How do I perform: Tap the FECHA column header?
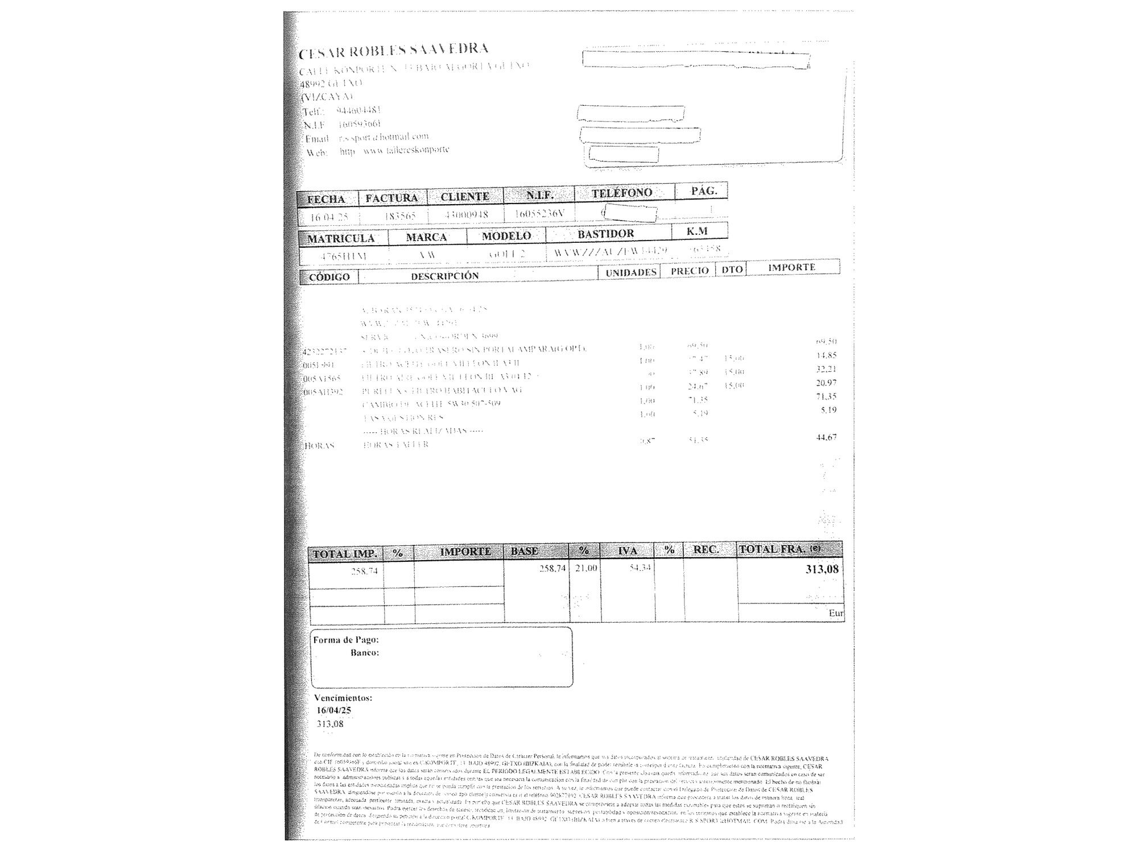[x=326, y=199]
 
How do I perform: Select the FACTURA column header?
[x=391, y=198]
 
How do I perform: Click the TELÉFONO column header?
[x=621, y=193]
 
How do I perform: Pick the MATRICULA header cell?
[x=341, y=238]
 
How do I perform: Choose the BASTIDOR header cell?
[x=605, y=234]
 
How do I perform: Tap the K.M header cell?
[x=696, y=231]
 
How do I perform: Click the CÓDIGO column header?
[x=329, y=277]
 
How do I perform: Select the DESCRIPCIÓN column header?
[x=445, y=276]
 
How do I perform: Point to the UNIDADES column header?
[x=630, y=272]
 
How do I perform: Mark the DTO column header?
[x=732, y=270]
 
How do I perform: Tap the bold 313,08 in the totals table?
[x=822, y=569]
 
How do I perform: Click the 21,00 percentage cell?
[x=586, y=568]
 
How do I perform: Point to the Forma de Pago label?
[x=345, y=640]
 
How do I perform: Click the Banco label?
[x=365, y=653]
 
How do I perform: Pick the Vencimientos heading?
[x=343, y=698]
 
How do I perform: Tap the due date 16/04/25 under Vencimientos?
[x=334, y=710]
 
